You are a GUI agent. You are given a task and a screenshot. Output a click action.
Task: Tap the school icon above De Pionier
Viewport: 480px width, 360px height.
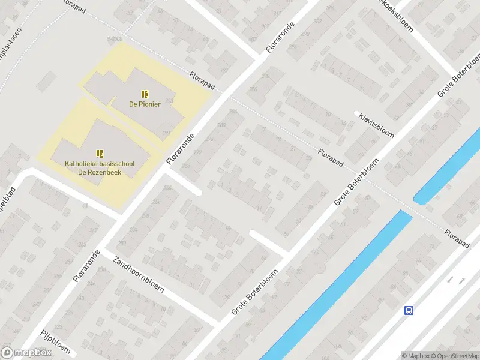143,94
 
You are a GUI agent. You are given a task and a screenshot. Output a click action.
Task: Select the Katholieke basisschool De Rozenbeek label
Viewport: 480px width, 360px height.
101,168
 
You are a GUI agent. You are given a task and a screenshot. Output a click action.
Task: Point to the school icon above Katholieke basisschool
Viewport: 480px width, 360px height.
100,154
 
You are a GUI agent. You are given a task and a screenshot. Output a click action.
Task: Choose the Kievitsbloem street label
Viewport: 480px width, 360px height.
376,124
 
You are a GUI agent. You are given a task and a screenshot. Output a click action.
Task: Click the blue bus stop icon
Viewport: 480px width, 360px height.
409,310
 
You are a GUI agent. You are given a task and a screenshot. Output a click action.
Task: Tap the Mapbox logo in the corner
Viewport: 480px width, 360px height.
26,353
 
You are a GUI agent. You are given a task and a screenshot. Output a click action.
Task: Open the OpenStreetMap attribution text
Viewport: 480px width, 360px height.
454,356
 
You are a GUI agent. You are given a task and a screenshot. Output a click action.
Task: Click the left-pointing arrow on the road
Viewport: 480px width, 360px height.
449,280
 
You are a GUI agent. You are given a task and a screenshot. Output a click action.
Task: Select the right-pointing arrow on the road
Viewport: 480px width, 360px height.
462,280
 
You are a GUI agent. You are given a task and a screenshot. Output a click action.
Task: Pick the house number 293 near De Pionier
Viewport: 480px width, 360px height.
166,133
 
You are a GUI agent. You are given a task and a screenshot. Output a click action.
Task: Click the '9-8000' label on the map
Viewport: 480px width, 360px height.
115,38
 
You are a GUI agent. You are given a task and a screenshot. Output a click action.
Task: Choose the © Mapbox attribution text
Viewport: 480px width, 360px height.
416,356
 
